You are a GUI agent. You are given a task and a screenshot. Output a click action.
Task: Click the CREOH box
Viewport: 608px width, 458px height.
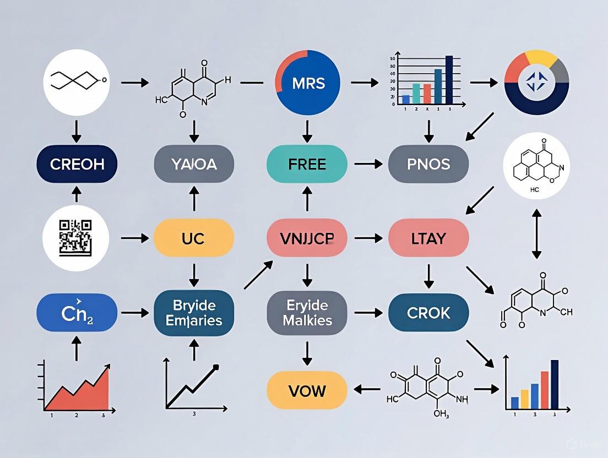77,164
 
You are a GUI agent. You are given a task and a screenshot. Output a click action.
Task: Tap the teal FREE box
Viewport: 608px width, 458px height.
307,164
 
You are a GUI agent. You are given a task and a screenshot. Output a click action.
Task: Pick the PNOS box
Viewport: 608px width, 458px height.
428,164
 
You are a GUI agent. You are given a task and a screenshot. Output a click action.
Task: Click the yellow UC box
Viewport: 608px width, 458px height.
193,238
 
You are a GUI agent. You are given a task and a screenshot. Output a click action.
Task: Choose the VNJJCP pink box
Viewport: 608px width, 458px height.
307,238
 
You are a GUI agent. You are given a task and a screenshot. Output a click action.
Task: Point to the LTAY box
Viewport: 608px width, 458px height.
428,238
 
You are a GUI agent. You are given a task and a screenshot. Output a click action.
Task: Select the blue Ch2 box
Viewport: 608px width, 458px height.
77,313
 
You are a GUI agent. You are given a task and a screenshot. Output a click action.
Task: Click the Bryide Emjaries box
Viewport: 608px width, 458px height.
193,313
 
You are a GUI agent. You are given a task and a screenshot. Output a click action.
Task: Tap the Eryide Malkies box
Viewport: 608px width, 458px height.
307,313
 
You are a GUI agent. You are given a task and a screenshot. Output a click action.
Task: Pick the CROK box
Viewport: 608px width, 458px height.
428,313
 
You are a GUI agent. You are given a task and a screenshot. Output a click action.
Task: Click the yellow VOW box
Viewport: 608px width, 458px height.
307,390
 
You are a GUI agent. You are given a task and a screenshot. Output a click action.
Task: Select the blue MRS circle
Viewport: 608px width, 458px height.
308,84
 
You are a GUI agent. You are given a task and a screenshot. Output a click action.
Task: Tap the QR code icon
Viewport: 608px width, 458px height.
75,237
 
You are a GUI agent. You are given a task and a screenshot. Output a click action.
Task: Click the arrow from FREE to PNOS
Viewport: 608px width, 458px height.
368,164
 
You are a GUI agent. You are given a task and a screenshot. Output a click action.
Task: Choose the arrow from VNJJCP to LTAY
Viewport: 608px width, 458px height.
368,238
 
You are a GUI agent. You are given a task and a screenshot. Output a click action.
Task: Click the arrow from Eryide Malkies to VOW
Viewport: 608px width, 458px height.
307,352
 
